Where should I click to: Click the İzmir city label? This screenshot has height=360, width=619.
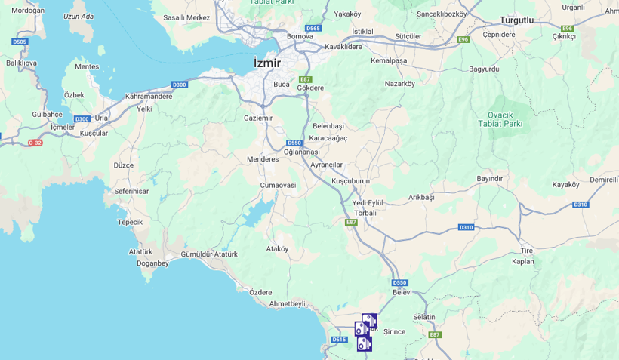click(x=267, y=63)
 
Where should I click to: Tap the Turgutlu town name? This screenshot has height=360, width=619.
click(x=516, y=20)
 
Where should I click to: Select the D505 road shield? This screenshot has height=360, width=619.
click(x=20, y=42)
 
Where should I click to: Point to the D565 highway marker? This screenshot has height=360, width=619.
click(x=313, y=28)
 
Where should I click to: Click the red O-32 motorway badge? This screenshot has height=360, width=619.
click(x=35, y=143)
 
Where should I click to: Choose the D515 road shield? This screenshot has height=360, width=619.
click(x=339, y=340)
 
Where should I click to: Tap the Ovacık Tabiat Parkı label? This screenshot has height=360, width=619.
click(x=500, y=118)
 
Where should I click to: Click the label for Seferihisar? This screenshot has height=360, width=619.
click(x=131, y=191)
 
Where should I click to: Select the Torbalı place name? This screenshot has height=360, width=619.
click(x=365, y=213)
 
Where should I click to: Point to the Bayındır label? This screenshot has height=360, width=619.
click(x=489, y=179)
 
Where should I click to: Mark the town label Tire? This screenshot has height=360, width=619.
click(x=526, y=251)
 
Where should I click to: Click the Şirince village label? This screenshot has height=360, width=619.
click(x=394, y=331)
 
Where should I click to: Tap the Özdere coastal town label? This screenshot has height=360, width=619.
click(x=260, y=292)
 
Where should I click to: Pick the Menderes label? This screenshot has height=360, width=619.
click(x=263, y=159)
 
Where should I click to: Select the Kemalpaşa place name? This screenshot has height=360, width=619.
click(x=389, y=60)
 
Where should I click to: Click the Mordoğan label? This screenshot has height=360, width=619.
click(x=28, y=11)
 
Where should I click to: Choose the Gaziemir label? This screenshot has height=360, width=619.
click(x=258, y=118)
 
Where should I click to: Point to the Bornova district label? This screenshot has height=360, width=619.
click(x=300, y=36)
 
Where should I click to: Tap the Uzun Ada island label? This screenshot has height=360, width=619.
click(x=79, y=16)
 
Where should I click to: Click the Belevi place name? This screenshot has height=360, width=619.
click(x=402, y=292)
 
